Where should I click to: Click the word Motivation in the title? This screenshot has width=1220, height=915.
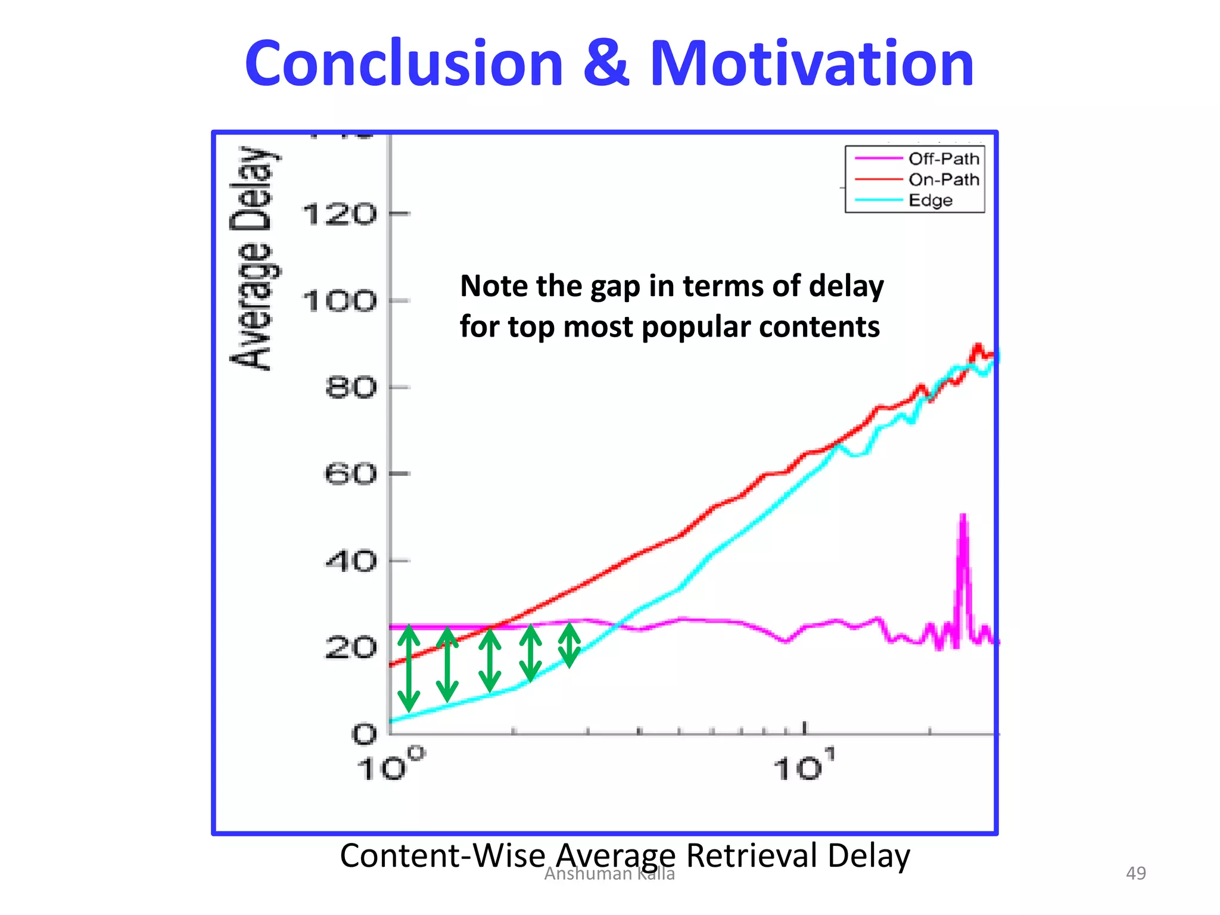[811, 63]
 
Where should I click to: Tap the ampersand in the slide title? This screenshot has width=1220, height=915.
[605, 63]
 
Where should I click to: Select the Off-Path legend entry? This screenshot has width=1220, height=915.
[944, 158]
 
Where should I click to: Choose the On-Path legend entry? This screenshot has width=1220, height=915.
[944, 179]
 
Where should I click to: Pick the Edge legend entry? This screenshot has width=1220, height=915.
[930, 200]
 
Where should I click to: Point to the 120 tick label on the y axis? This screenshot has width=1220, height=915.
[340, 214]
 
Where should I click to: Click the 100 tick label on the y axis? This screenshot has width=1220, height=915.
[340, 301]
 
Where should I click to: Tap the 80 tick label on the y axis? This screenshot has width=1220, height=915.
[351, 388]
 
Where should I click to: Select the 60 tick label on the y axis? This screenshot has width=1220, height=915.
[351, 475]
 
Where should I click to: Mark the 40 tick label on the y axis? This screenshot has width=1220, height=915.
[351, 561]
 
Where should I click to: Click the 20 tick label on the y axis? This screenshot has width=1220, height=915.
[351, 648]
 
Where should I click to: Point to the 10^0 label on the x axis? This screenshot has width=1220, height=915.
[390, 765]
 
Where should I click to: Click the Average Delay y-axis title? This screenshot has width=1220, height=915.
[253, 257]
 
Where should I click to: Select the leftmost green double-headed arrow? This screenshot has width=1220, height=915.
[409, 668]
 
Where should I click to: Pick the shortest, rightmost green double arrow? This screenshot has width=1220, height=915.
[569, 645]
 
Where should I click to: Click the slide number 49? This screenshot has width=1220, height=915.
[1135, 873]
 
